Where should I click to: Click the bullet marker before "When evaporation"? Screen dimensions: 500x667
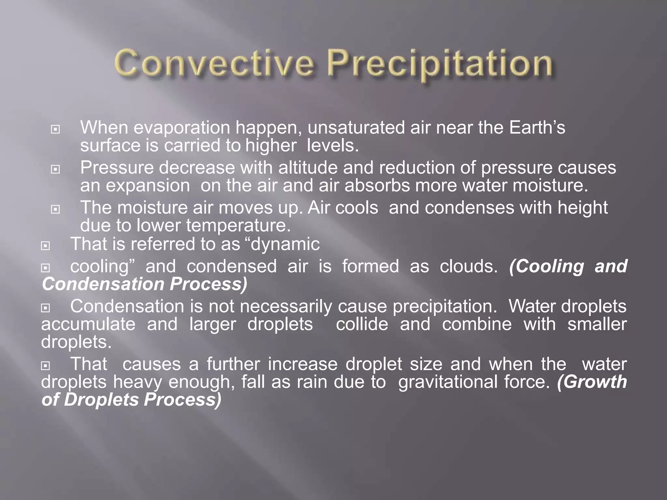click(x=55, y=130)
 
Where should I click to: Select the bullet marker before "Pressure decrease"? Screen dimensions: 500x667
click(x=55, y=170)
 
